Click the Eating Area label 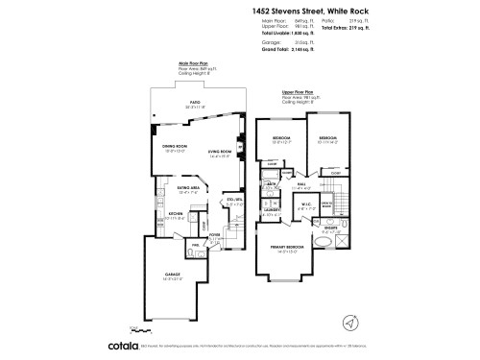(188, 189)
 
